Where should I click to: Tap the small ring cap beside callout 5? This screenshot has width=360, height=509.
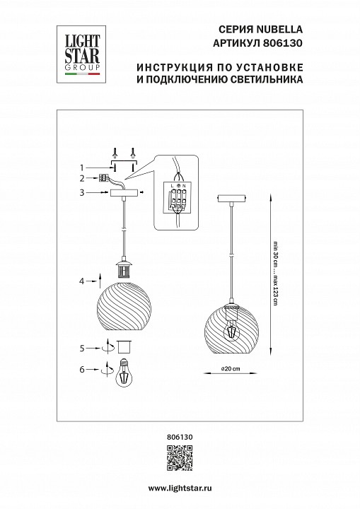point(126,347)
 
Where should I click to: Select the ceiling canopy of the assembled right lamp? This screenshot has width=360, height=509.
point(231,197)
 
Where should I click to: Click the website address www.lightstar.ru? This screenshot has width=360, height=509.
point(180,488)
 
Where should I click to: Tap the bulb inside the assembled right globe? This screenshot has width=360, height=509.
point(231,330)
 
